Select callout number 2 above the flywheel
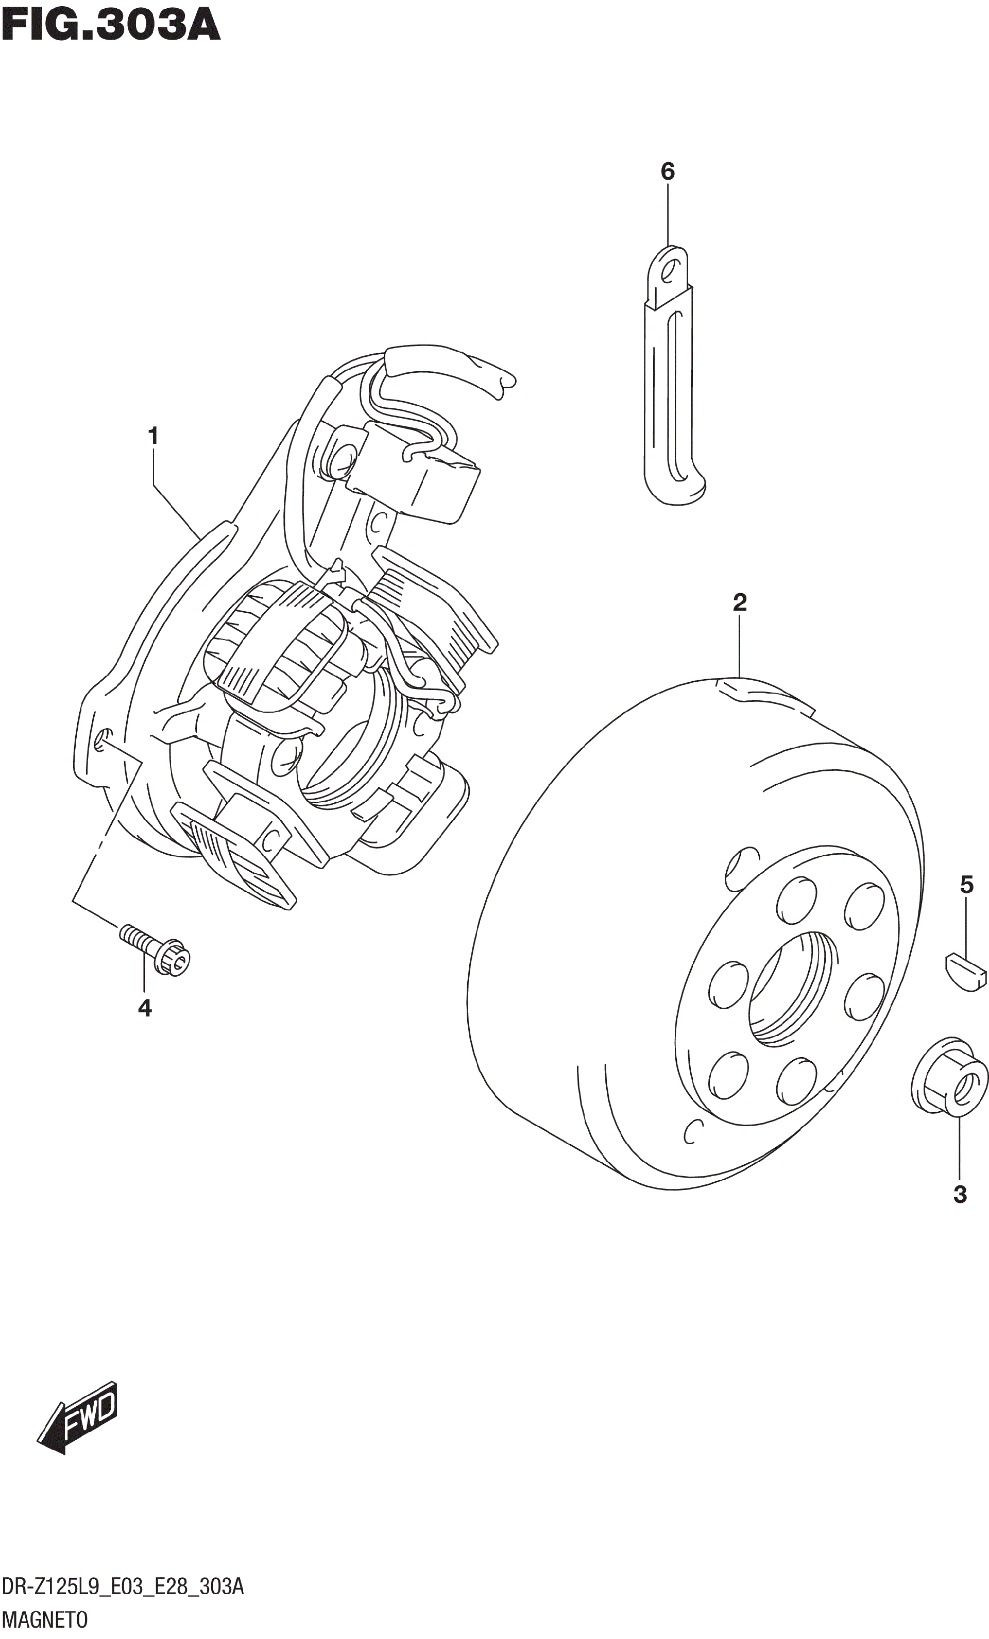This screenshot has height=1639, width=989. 739,602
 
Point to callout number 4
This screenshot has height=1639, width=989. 144,1008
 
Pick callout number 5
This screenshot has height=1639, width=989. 966,885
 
